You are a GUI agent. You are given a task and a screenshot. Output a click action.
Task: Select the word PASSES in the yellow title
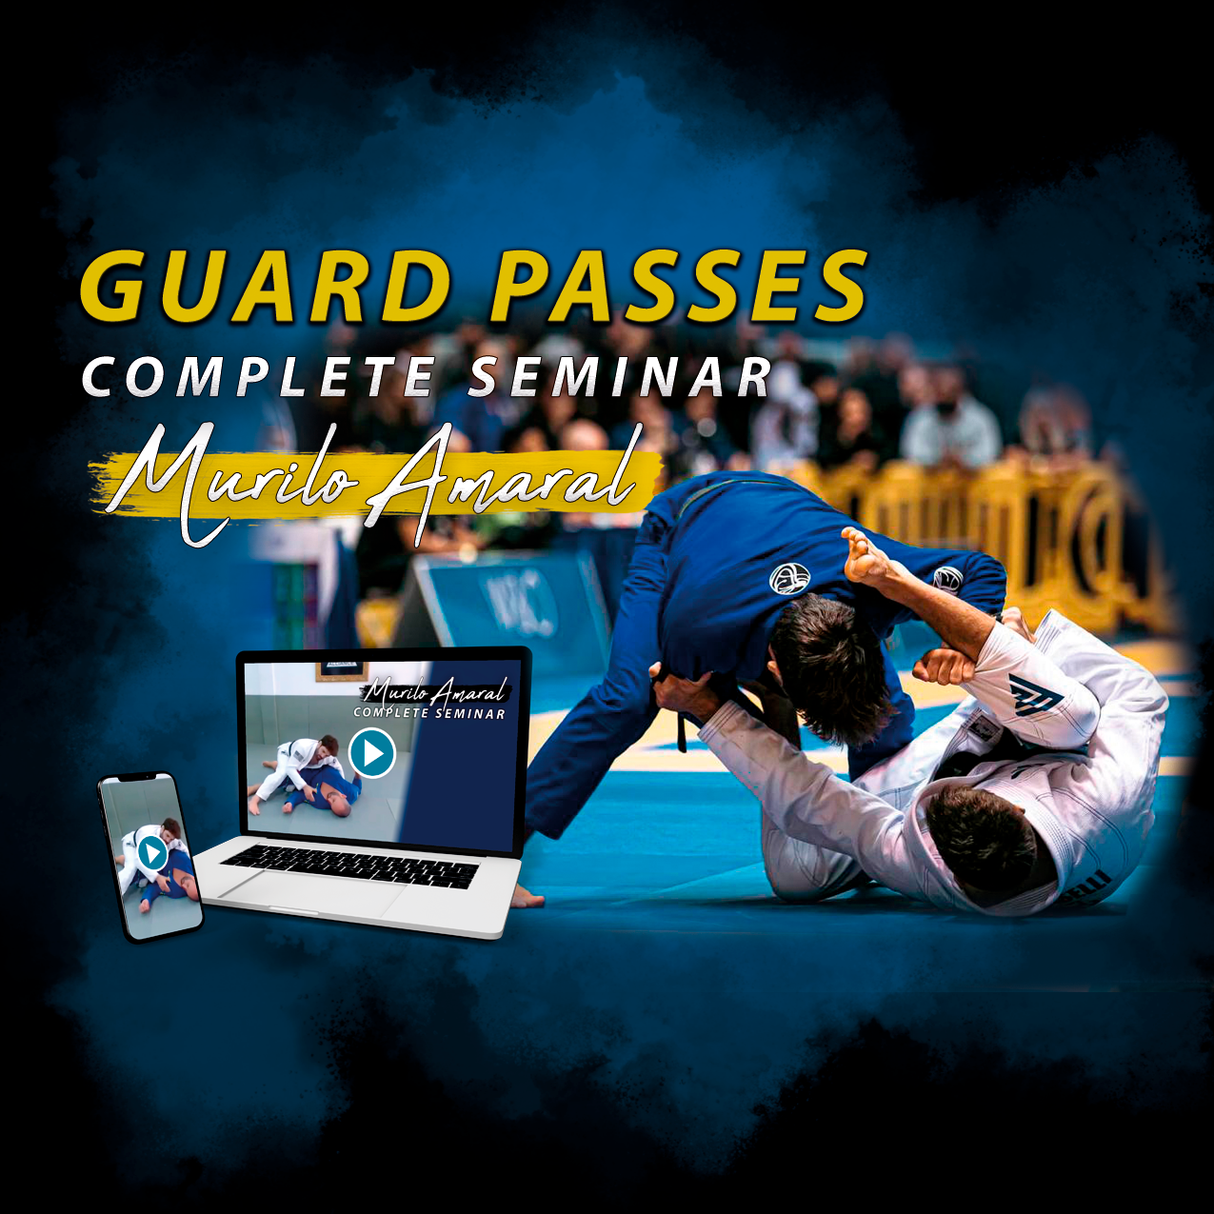point(678,286)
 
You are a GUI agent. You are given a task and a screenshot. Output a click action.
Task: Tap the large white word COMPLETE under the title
point(259,377)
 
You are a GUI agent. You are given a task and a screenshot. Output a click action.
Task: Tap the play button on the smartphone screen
point(152,852)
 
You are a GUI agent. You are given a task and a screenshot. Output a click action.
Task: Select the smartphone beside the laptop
point(151,856)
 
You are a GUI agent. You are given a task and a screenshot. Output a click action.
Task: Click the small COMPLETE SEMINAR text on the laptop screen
point(429,712)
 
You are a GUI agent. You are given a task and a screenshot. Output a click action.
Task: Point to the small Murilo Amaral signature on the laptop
point(436,692)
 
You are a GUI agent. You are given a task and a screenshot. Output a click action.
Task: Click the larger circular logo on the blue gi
point(789,578)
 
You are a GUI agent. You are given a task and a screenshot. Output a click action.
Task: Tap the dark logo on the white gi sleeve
point(1034,694)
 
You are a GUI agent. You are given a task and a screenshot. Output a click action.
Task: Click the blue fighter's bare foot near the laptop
point(526,896)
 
